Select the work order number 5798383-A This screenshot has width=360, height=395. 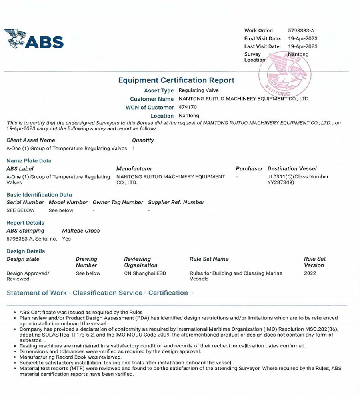(301, 30)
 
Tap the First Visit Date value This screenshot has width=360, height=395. (302, 38)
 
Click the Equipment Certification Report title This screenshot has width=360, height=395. (176, 80)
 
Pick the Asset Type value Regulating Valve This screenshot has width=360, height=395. (198, 90)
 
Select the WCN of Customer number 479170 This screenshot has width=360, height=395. (188, 107)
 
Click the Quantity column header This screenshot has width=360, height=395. (143, 140)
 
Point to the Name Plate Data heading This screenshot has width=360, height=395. (29, 161)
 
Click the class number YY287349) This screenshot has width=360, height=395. (281, 182)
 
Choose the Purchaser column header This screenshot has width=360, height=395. (249, 169)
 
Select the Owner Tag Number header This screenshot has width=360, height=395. (118, 202)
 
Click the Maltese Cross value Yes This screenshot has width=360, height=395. (66, 239)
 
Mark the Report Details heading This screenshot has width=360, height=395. (26, 223)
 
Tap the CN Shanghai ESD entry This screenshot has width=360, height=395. (145, 273)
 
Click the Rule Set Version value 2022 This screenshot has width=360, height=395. (310, 273)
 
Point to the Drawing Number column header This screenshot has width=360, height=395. (86, 262)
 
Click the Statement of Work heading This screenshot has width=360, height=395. (100, 293)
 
